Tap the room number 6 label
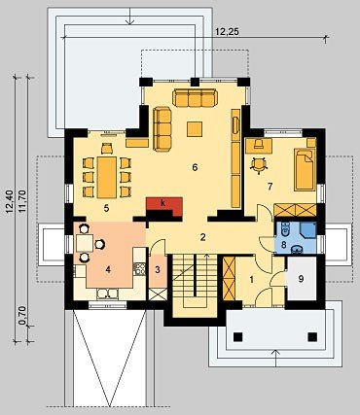[x=195, y=167]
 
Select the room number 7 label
[x=270, y=187]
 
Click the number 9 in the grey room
[x=302, y=279]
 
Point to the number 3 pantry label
[x=158, y=269]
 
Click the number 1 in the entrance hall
[x=251, y=280]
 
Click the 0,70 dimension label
[x=22, y=316]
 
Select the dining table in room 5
[x=107, y=178]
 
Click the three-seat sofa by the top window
[x=195, y=97]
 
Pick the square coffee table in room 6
[x=195, y=129]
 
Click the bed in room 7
[x=305, y=169]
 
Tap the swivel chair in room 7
[x=259, y=164]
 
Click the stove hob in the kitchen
[x=139, y=269]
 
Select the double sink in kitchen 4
[x=107, y=294]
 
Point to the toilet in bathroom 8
[x=286, y=229]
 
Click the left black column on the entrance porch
[x=237, y=337]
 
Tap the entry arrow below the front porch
[x=275, y=358]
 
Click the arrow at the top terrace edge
[x=129, y=17]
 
